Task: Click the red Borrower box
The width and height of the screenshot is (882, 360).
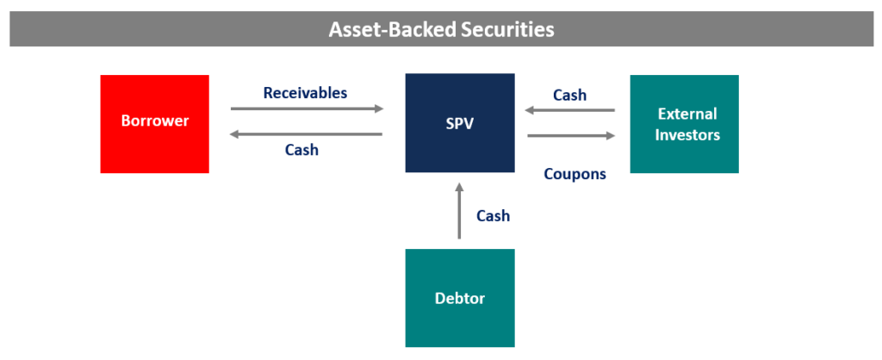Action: point(154,123)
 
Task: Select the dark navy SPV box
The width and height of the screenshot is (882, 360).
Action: point(460,123)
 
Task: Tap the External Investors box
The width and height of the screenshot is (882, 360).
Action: point(685,123)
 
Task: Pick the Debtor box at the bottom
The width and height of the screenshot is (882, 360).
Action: point(460,298)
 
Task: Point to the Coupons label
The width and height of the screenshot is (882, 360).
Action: point(575,174)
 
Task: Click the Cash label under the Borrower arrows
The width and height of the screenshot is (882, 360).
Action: point(301,150)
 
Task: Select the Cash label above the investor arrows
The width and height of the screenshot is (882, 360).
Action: point(569,96)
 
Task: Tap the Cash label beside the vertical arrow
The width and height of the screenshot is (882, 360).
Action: point(493,215)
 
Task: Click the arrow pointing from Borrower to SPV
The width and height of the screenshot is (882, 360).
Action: point(307,109)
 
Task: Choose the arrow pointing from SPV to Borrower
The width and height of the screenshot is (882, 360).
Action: point(307,134)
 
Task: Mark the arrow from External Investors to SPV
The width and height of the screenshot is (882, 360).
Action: point(571,110)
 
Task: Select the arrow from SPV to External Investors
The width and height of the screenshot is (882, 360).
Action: point(571,135)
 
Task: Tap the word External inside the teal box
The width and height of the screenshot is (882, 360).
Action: point(686,114)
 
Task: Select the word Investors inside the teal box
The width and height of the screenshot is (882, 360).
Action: point(686,134)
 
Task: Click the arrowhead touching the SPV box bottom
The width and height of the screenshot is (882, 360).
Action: point(459,187)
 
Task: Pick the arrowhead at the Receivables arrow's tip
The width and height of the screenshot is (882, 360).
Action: point(379,109)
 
